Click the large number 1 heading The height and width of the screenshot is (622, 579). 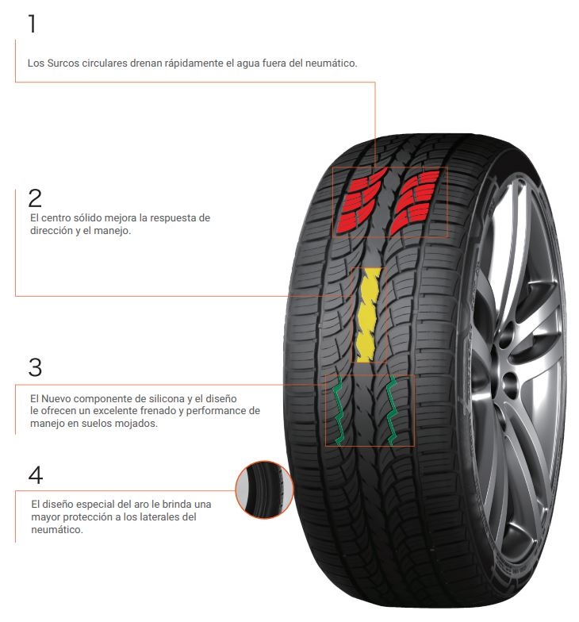click(x=33, y=24)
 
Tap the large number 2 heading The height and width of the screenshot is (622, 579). click(x=35, y=198)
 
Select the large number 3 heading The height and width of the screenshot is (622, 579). click(x=35, y=367)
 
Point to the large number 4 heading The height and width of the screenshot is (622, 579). click(x=35, y=474)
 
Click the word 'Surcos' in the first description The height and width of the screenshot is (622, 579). click(x=63, y=63)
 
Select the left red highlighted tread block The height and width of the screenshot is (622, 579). click(x=362, y=202)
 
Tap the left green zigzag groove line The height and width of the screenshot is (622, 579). click(x=338, y=411)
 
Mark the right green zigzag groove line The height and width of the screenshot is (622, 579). click(x=392, y=411)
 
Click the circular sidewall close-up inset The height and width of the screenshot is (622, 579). click(x=264, y=490)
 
